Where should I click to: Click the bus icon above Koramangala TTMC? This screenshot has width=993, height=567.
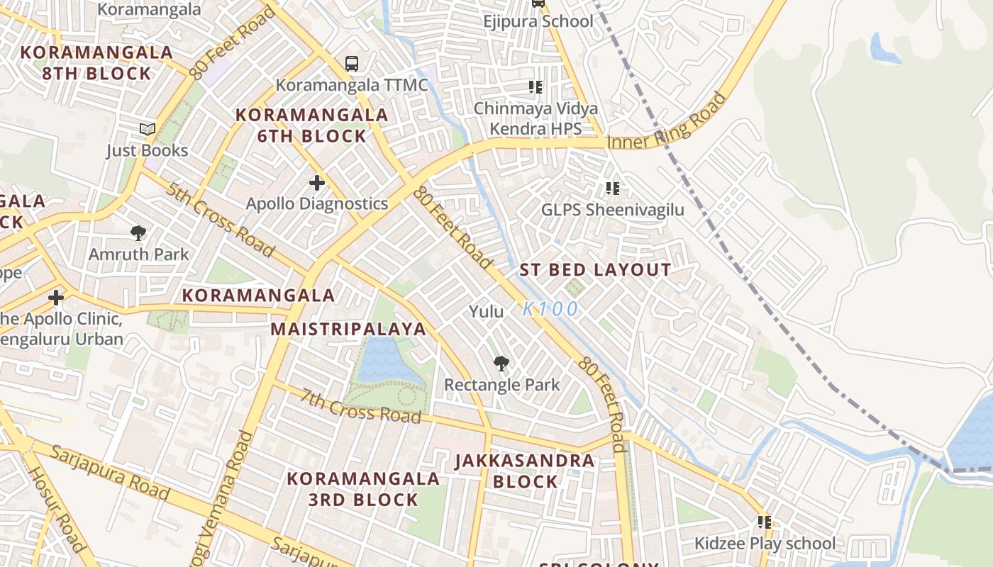pos(351,64)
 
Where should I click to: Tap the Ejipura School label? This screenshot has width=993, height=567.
pos(538,21)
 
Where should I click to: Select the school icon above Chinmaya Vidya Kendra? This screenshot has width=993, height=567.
pos(536,87)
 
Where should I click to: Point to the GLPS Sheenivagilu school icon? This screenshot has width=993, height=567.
pos(613,189)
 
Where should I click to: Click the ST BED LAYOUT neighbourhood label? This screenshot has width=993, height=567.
pos(595,270)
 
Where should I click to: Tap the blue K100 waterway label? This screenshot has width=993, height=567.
pos(550,310)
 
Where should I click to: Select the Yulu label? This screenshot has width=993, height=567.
pos(487,311)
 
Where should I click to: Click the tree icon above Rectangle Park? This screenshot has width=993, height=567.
pos(501,364)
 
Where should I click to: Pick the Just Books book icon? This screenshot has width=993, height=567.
pos(147,130)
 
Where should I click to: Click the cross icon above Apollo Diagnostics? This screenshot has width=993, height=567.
pos(316,184)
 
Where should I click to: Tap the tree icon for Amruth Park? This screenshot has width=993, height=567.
pos(138,233)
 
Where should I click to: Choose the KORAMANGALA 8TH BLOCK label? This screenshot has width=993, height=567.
pos(96,63)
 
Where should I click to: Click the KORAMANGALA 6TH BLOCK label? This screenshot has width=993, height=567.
pos(311,125)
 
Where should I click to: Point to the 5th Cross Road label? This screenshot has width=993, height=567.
pos(221,220)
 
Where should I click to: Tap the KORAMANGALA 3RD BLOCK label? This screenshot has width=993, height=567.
pos(363,489)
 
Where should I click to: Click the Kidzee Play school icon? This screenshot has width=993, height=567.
pos(764,522)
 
